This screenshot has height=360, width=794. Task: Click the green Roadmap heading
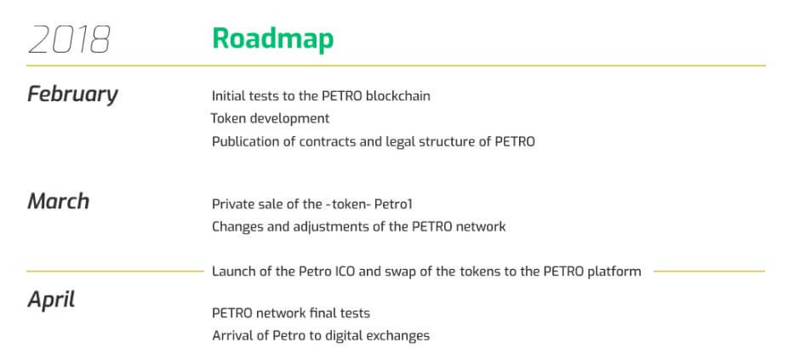tap(273, 38)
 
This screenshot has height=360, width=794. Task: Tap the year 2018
tap(69, 39)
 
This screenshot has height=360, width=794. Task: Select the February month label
tap(72, 94)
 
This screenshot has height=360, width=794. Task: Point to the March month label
tap(58, 201)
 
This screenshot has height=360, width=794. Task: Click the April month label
tap(51, 300)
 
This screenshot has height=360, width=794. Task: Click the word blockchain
tap(398, 95)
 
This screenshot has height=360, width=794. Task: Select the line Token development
tap(270, 118)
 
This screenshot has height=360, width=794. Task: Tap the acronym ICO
tap(346, 271)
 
